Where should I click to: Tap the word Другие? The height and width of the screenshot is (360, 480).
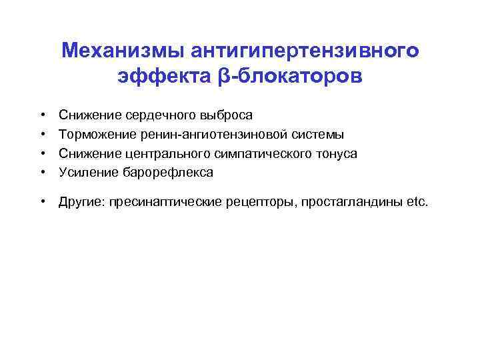click(x=79, y=201)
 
